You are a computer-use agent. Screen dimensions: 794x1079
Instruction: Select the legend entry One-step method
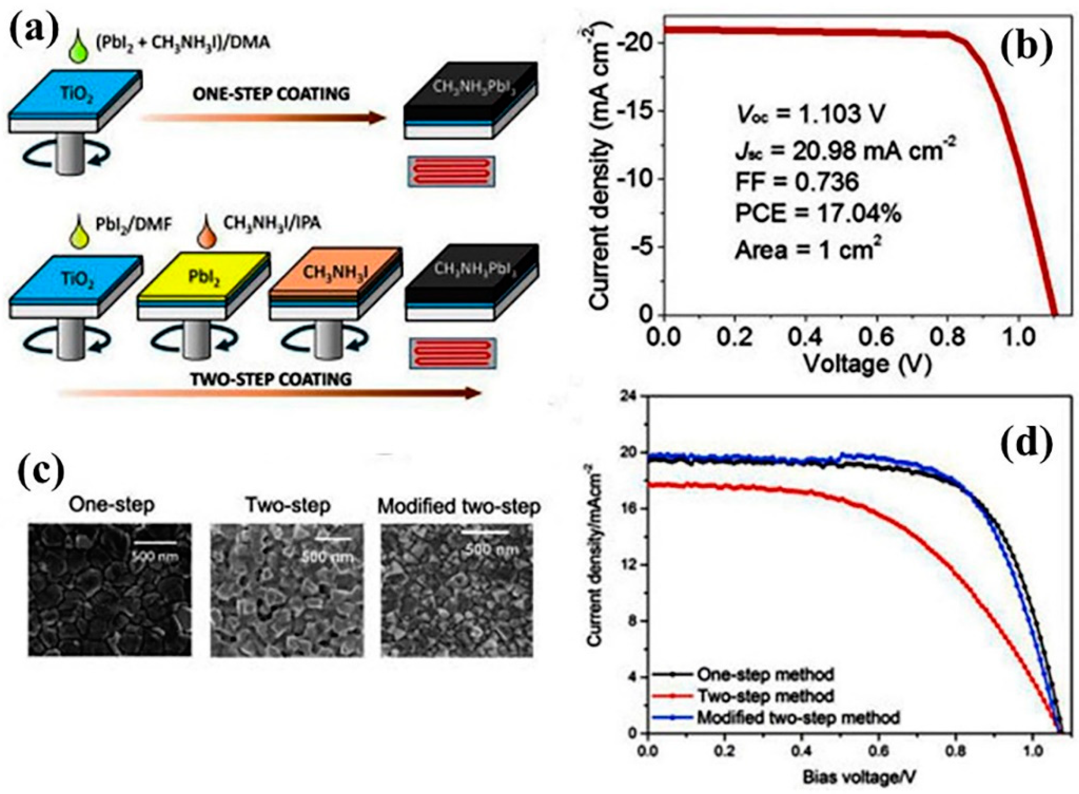point(765,674)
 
